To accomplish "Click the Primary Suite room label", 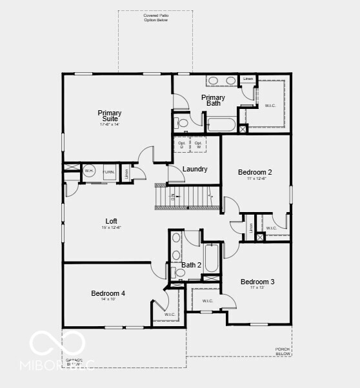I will [110, 116].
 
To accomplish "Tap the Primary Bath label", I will [213, 100].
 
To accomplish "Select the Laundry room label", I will [195, 170].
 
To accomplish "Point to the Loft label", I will [111, 221].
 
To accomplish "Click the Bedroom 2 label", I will [255, 172].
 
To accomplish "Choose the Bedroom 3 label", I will [257, 282].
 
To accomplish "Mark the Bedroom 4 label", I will [108, 293].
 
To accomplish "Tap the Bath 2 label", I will [191, 265].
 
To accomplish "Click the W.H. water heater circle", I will [89, 171].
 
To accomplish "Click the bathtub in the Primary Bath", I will [221, 124].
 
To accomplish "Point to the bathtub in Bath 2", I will [212, 258].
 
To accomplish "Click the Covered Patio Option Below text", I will [155, 17].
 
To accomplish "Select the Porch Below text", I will [283, 351].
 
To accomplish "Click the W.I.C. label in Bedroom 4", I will [170, 315].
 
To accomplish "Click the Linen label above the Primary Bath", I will [248, 79].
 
